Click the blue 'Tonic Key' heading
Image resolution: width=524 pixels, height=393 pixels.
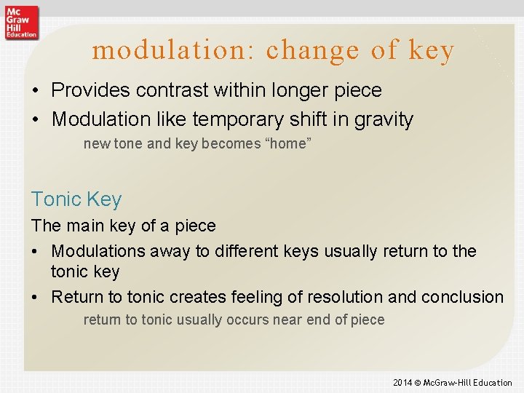[x=76, y=199]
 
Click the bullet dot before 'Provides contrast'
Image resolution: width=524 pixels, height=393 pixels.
[x=36, y=91]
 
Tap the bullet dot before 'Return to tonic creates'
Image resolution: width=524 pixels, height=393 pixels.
[x=36, y=298]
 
